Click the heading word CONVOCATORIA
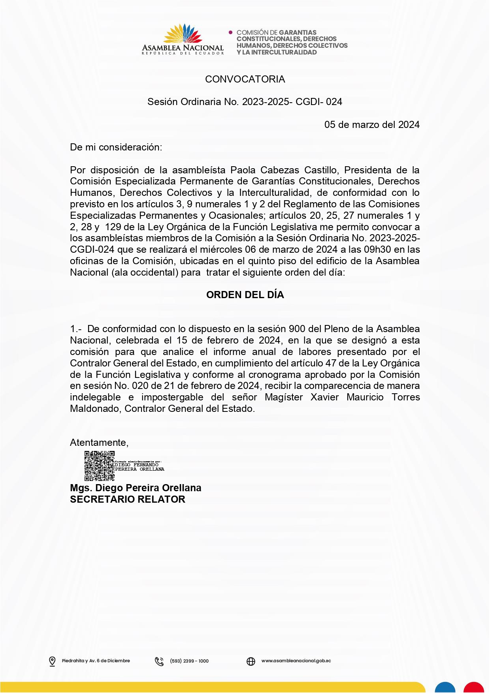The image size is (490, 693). point(245,79)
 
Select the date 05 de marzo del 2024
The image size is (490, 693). point(372,125)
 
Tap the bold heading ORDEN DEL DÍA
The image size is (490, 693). point(245,295)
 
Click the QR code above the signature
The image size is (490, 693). point(100,466)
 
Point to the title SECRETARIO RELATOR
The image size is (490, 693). point(128,500)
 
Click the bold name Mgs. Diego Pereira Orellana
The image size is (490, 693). point(136,488)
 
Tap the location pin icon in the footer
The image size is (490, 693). point(52,661)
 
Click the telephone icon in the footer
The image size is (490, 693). point(159,661)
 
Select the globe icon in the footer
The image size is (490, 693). point(251,661)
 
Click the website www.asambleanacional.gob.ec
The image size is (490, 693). point(296,661)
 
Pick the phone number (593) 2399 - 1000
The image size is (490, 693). point(189,661)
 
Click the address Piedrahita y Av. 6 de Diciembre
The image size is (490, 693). point(96,661)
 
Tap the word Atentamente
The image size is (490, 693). point(99,443)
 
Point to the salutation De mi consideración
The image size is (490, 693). point(116,147)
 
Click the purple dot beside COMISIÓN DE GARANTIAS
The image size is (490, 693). point(231,32)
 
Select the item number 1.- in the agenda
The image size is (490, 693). point(75,329)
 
